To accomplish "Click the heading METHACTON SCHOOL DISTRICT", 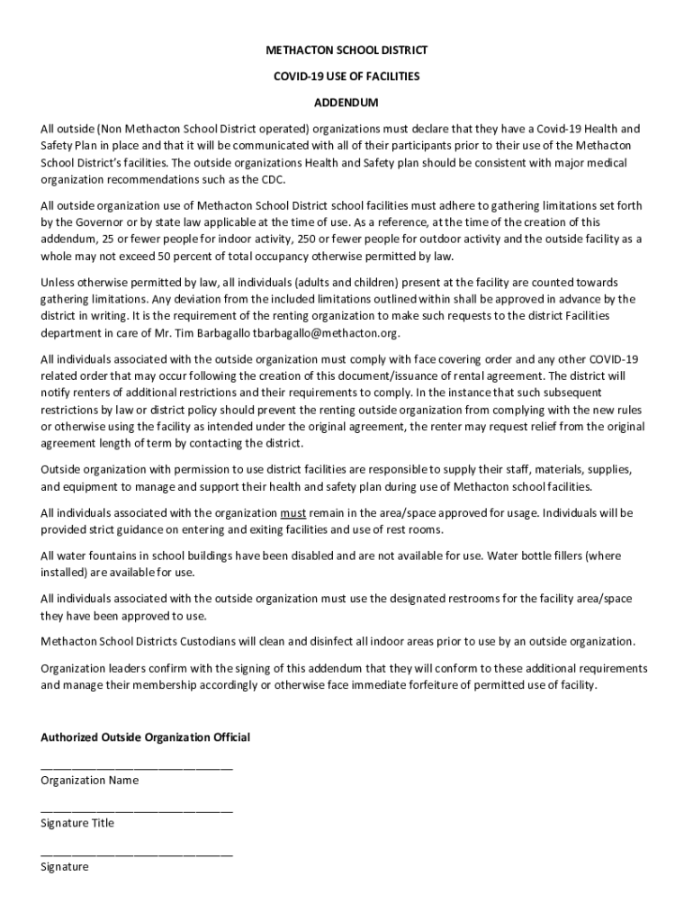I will (346, 50).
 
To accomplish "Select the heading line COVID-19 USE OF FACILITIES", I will (346, 77).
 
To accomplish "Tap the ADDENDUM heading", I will (346, 103).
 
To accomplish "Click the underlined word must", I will (293, 513).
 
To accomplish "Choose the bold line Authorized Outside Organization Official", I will (146, 737).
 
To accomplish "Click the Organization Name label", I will (89, 781).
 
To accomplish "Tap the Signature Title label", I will (77, 823).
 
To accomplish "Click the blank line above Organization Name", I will (137, 767).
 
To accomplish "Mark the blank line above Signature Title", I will (137, 810).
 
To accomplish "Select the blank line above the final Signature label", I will (137, 853).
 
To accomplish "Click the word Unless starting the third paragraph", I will (59, 283).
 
